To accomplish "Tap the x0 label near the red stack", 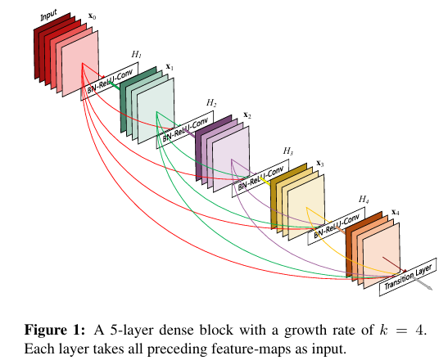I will click(x=93, y=16).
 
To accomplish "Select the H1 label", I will click(x=136, y=54).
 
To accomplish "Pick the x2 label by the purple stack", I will click(x=247, y=115).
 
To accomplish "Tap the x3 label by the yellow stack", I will click(x=320, y=164).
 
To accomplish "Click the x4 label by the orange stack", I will click(x=396, y=212).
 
